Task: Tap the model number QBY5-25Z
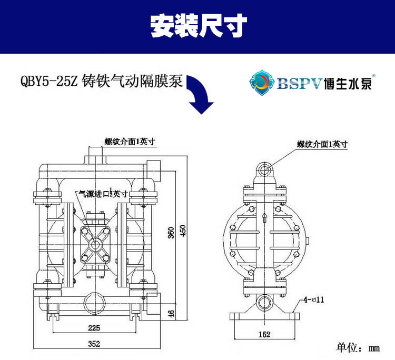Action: coord(49,82)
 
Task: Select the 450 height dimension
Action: coord(183,232)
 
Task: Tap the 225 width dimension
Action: coord(94,328)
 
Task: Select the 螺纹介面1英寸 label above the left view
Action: coord(125,141)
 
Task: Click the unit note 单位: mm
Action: coord(358,347)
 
